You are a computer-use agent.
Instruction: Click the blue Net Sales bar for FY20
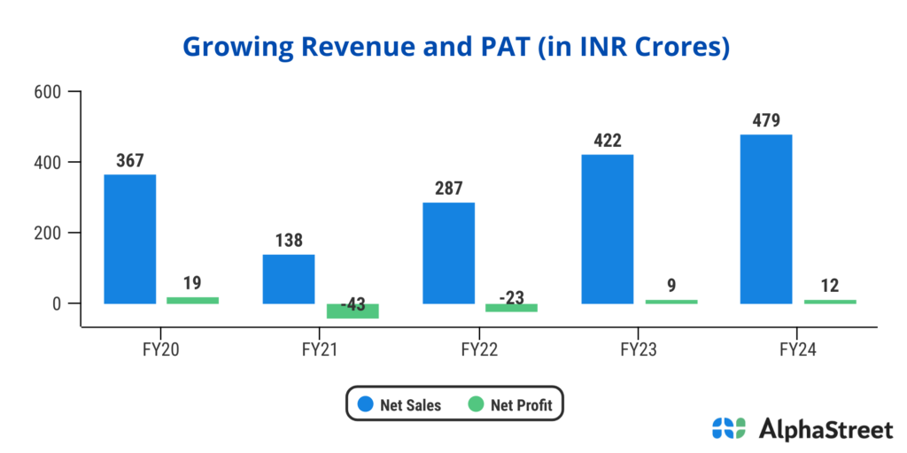pos(129,239)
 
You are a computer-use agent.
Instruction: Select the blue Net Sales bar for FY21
pos(289,279)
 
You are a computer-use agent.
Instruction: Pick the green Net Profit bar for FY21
pos(353,311)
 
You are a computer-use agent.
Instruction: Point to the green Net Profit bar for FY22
pos(511,307)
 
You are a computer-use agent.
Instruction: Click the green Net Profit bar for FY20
pos(192,300)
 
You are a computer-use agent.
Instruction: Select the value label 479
pos(766,120)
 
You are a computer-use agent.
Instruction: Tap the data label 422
pos(607,141)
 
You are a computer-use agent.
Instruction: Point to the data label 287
pos(448,188)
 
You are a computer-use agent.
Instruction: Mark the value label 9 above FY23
pos(671,286)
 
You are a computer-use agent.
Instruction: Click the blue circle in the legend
pos(364,405)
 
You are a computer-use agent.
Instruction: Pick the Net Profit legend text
pos(522,406)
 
